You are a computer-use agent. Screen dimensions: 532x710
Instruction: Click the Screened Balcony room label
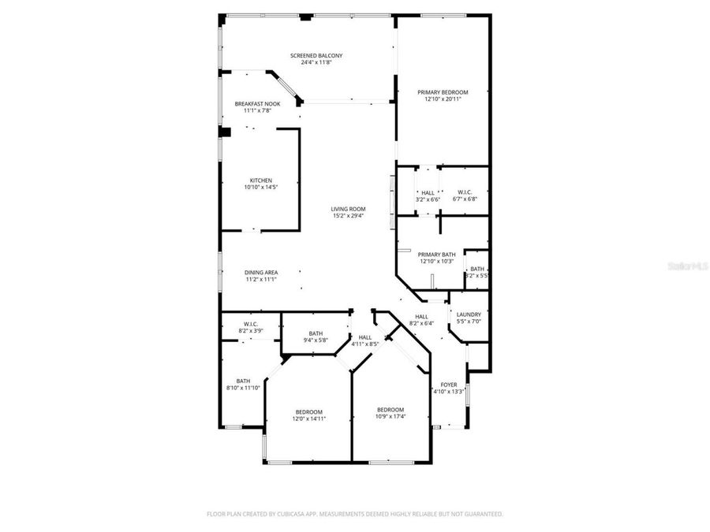click(316, 56)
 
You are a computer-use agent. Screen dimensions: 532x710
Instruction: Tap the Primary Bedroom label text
click(443, 92)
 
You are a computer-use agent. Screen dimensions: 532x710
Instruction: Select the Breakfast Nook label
click(257, 104)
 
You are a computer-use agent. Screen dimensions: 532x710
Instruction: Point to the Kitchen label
click(261, 180)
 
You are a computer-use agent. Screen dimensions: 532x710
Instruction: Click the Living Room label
click(348, 209)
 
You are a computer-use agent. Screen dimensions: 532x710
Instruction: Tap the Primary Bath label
click(436, 255)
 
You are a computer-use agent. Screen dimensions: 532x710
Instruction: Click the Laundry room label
click(469, 314)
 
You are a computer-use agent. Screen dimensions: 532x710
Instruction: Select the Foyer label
click(449, 385)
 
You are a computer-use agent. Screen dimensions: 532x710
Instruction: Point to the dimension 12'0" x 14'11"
click(309, 419)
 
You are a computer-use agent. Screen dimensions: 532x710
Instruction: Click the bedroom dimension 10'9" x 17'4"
click(390, 416)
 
